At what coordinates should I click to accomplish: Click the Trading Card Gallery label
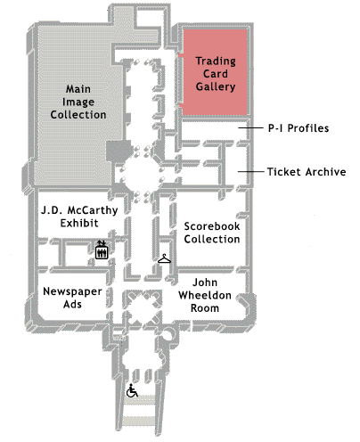216,74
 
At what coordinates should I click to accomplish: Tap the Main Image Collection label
78,102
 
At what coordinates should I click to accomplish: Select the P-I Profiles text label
299,128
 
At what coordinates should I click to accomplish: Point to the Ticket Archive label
307,172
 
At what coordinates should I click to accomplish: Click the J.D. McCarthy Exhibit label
79,217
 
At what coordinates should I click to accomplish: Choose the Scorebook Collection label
212,233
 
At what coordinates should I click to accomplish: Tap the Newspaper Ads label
72,298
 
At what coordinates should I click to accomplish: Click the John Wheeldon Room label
205,295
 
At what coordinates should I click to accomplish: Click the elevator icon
102,250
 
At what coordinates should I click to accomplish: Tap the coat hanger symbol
164,259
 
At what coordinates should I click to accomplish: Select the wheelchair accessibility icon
132,390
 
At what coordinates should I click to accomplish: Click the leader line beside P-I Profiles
250,127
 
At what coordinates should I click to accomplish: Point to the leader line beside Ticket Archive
250,171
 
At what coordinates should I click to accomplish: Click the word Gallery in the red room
216,86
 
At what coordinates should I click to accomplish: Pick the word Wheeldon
205,295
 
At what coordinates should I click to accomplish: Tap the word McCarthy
93,210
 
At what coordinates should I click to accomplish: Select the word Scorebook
212,226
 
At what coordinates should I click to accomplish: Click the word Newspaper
72,291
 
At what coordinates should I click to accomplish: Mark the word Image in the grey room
78,102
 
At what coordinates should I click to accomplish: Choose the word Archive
326,172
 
